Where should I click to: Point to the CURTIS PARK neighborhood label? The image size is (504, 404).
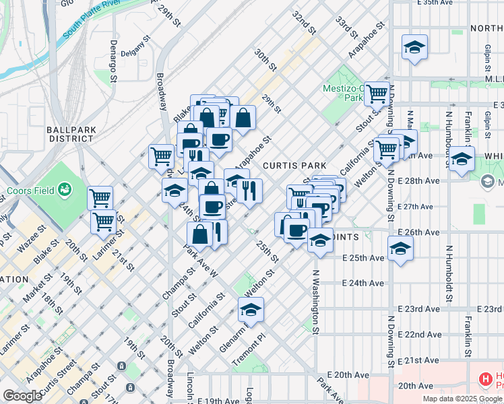(x=294, y=165)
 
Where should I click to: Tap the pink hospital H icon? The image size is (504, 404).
(x=485, y=380)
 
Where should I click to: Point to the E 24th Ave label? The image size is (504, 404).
(x=363, y=283)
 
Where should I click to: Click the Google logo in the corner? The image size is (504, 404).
(x=22, y=395)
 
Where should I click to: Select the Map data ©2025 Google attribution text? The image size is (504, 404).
(x=462, y=399)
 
